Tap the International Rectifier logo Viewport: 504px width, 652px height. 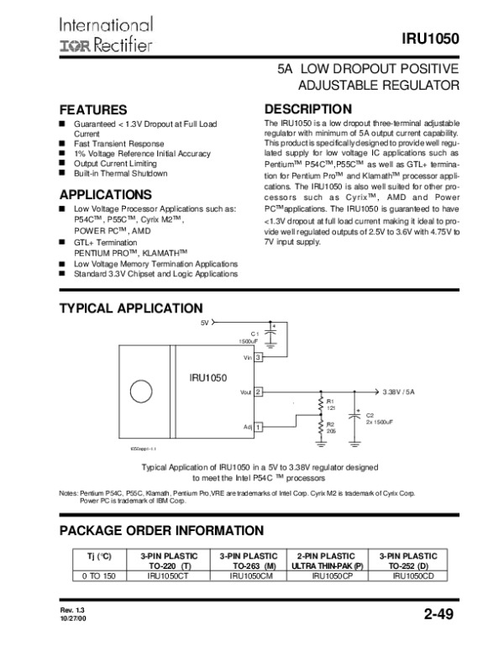[x=105, y=34]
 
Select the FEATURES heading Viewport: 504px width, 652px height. [x=92, y=110]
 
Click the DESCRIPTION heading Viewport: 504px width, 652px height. [x=307, y=108]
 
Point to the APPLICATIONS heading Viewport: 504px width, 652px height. [x=105, y=195]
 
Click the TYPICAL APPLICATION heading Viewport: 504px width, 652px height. [x=130, y=308]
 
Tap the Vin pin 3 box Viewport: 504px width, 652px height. [x=259, y=358]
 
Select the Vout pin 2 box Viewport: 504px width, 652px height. [x=259, y=392]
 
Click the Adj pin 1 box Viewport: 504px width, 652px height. [x=259, y=428]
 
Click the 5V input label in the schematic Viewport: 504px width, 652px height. [x=205, y=322]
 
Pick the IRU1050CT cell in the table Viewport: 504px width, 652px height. [x=166, y=576]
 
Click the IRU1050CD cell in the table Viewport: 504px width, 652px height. [x=412, y=576]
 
